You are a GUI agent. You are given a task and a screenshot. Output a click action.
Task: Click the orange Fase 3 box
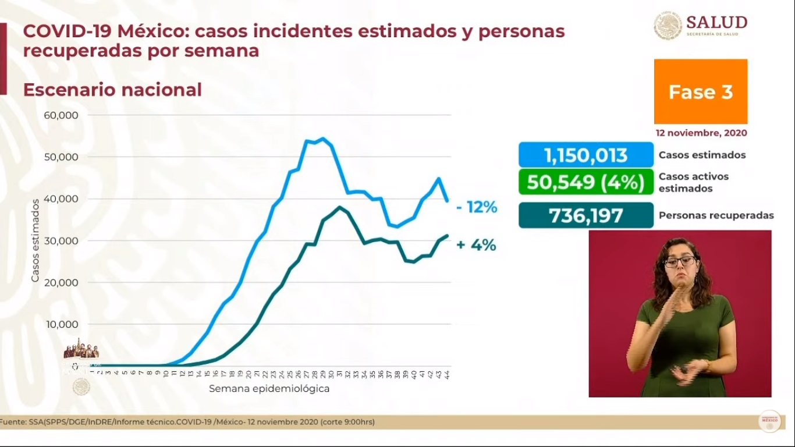[700, 91]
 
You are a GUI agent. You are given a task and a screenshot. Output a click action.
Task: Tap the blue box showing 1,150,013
[586, 155]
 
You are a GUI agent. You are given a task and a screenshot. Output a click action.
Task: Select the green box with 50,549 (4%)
[586, 182]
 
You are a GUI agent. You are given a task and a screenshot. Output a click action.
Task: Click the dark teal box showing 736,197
[586, 215]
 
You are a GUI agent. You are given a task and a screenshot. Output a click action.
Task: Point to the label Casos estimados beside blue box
[702, 155]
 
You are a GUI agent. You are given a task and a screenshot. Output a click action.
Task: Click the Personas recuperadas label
[716, 215]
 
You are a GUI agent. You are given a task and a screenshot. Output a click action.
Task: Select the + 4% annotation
[476, 245]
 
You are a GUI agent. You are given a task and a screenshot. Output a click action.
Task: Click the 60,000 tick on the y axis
[61, 115]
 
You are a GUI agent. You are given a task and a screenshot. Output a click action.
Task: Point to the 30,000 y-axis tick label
[61, 240]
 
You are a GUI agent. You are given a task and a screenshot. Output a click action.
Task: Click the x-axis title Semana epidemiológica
[269, 388]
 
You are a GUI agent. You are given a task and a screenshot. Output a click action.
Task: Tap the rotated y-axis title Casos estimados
[36, 240]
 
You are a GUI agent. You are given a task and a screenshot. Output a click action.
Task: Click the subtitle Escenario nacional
[112, 90]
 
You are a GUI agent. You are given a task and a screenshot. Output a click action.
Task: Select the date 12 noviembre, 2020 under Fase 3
[701, 133]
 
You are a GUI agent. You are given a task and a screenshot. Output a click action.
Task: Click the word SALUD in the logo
[716, 22]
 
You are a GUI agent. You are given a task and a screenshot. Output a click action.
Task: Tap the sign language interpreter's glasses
[680, 261]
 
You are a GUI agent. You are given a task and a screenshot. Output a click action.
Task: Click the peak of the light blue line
[323, 139]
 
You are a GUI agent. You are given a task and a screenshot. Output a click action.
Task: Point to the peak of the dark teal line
[339, 207]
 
